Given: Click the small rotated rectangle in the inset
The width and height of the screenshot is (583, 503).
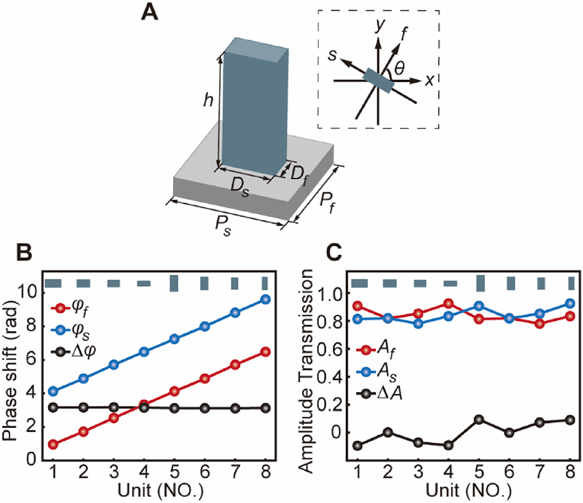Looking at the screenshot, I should (x=379, y=80).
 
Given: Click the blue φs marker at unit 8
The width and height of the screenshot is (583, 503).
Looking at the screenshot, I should (x=265, y=299).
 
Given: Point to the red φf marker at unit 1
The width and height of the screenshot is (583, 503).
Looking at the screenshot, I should (x=53, y=444).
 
